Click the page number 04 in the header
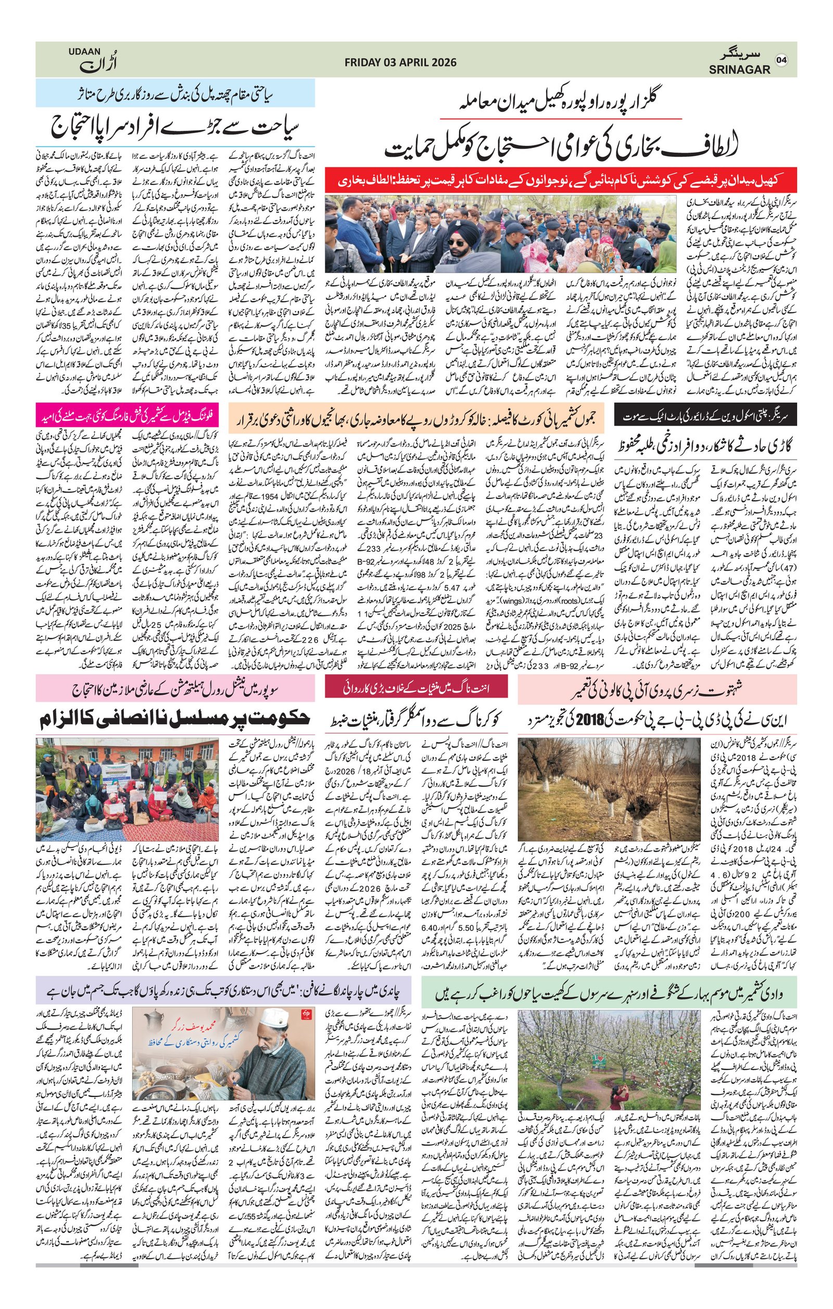[x=781, y=60]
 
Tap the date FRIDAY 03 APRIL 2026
[x=400, y=62]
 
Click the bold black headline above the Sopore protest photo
[x=175, y=720]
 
